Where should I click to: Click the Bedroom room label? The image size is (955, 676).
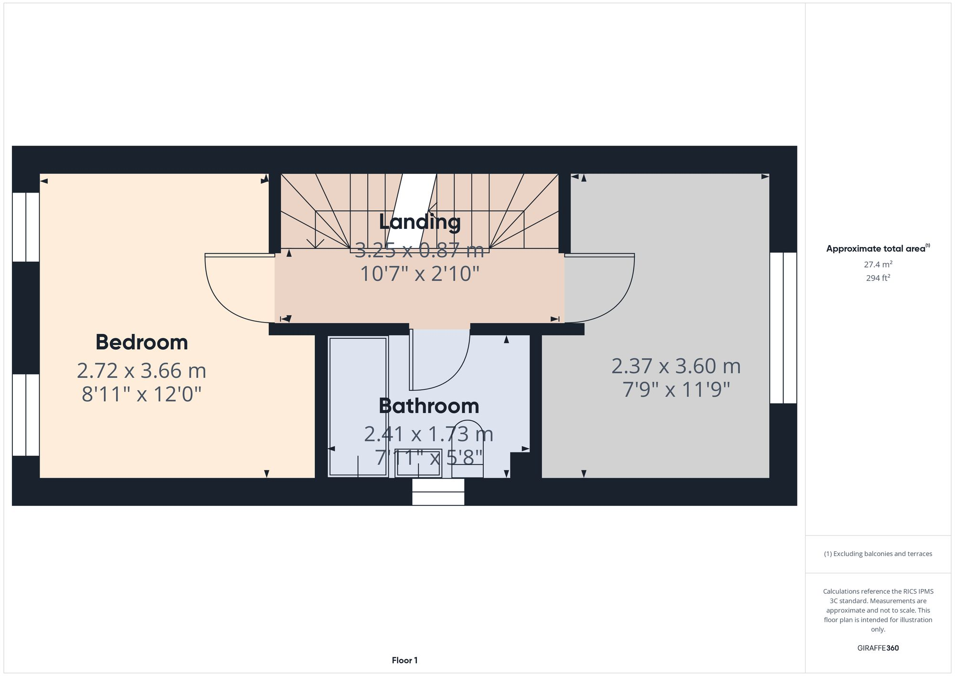point(141,342)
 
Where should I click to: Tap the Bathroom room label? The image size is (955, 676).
point(428,406)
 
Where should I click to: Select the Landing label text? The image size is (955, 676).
point(419,222)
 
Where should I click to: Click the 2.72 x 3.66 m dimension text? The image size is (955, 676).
point(141,370)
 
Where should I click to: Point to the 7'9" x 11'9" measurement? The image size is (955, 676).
point(676,389)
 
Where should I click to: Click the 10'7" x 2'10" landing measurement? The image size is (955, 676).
point(419,274)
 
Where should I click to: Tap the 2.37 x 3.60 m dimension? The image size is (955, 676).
point(676,366)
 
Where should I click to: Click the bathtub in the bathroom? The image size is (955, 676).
point(358,406)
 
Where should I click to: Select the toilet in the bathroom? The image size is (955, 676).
point(467,449)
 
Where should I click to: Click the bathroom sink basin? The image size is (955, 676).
point(418,463)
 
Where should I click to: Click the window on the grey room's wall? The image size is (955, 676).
point(783,328)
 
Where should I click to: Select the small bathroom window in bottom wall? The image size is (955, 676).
point(438,492)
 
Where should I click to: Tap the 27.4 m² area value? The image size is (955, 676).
point(878,264)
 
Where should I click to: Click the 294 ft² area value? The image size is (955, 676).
point(878,278)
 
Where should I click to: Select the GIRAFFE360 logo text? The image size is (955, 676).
point(878,648)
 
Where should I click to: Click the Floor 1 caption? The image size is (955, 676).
point(404,660)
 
